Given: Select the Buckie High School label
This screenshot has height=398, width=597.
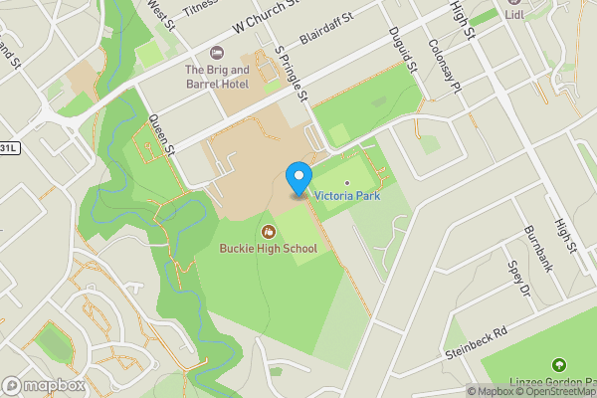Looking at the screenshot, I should coord(268,249).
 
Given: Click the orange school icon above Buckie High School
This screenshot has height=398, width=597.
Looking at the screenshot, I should coord(268,232).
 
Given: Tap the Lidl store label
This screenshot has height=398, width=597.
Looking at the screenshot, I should coord(514,15).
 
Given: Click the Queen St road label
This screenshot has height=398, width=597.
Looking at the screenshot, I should coord(161,135).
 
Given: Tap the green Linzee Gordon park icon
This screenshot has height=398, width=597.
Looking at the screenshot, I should coord(558,366).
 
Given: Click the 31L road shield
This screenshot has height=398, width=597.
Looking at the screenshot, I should coord(8,147).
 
